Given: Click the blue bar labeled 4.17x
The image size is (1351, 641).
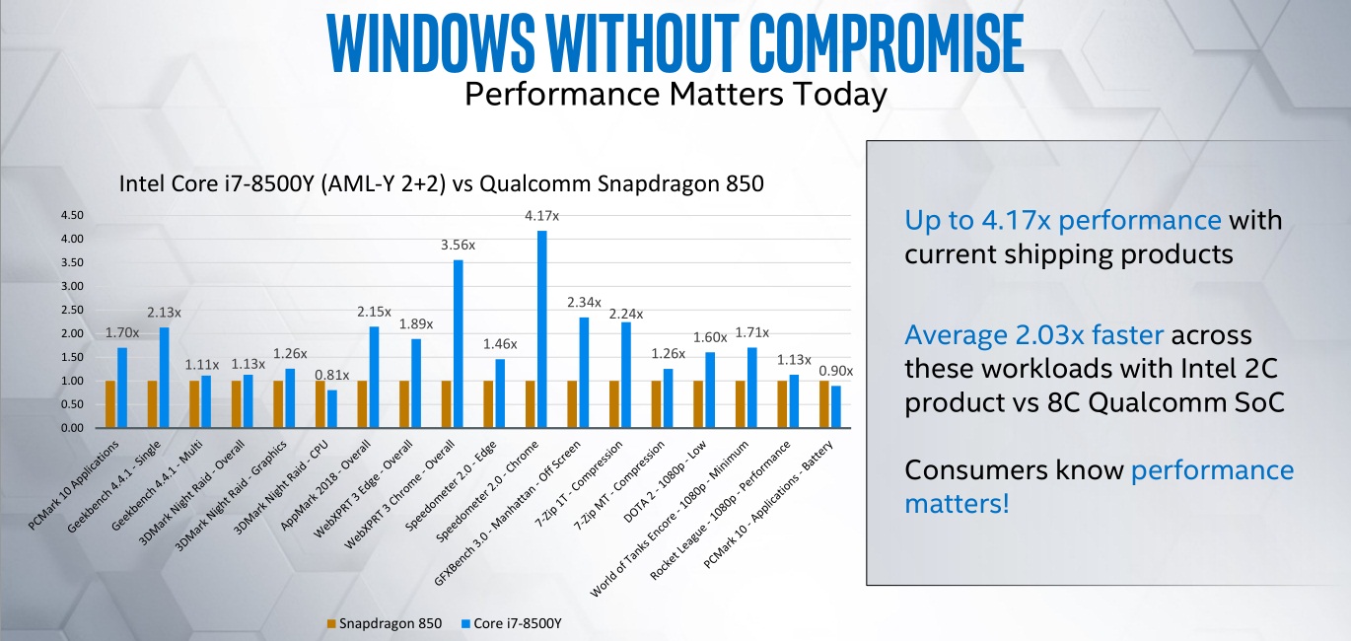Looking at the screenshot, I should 541,329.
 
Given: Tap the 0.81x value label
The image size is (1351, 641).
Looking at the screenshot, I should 332,375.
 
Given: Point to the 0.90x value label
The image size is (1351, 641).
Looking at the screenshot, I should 836,371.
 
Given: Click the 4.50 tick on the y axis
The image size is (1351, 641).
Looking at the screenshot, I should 72,215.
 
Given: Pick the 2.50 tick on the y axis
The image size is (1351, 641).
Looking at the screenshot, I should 72,310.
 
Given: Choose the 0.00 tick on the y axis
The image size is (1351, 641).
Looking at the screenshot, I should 72,429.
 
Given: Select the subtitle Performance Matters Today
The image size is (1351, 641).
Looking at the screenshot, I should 675,95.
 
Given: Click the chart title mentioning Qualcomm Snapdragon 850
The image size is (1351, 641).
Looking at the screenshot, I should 441,184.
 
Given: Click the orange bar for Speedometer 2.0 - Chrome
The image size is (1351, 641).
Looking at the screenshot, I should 530,404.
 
